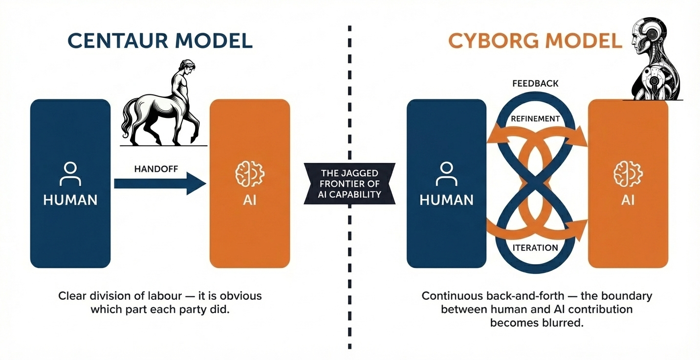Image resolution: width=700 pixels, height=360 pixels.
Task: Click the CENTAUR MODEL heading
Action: click(x=160, y=41)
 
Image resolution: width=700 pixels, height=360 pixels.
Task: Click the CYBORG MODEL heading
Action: click(x=535, y=41)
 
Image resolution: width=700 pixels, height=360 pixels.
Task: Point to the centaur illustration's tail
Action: click(x=128, y=118)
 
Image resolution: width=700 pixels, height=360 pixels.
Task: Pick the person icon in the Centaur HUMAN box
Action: click(x=70, y=174)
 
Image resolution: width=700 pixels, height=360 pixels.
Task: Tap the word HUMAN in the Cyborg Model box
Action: click(x=446, y=200)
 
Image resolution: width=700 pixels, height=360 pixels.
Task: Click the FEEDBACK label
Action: click(x=535, y=84)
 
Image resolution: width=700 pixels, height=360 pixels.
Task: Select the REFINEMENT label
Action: click(x=535, y=118)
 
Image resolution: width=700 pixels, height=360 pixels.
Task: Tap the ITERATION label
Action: click(x=535, y=247)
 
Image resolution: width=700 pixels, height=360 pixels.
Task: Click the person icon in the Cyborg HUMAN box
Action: click(x=446, y=174)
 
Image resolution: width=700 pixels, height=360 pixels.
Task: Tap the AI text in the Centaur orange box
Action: click(x=249, y=200)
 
